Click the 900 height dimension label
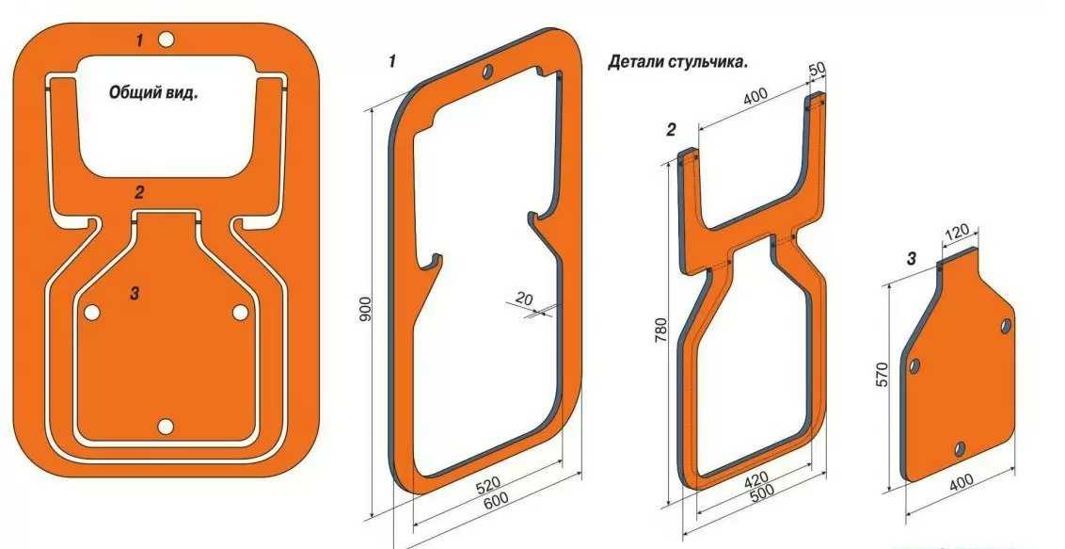(x=366, y=309)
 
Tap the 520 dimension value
(x=488, y=484)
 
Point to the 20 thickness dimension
(x=524, y=298)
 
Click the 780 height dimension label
(x=664, y=329)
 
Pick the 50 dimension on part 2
(x=817, y=70)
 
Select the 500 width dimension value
(x=761, y=494)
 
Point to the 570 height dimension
(x=882, y=375)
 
